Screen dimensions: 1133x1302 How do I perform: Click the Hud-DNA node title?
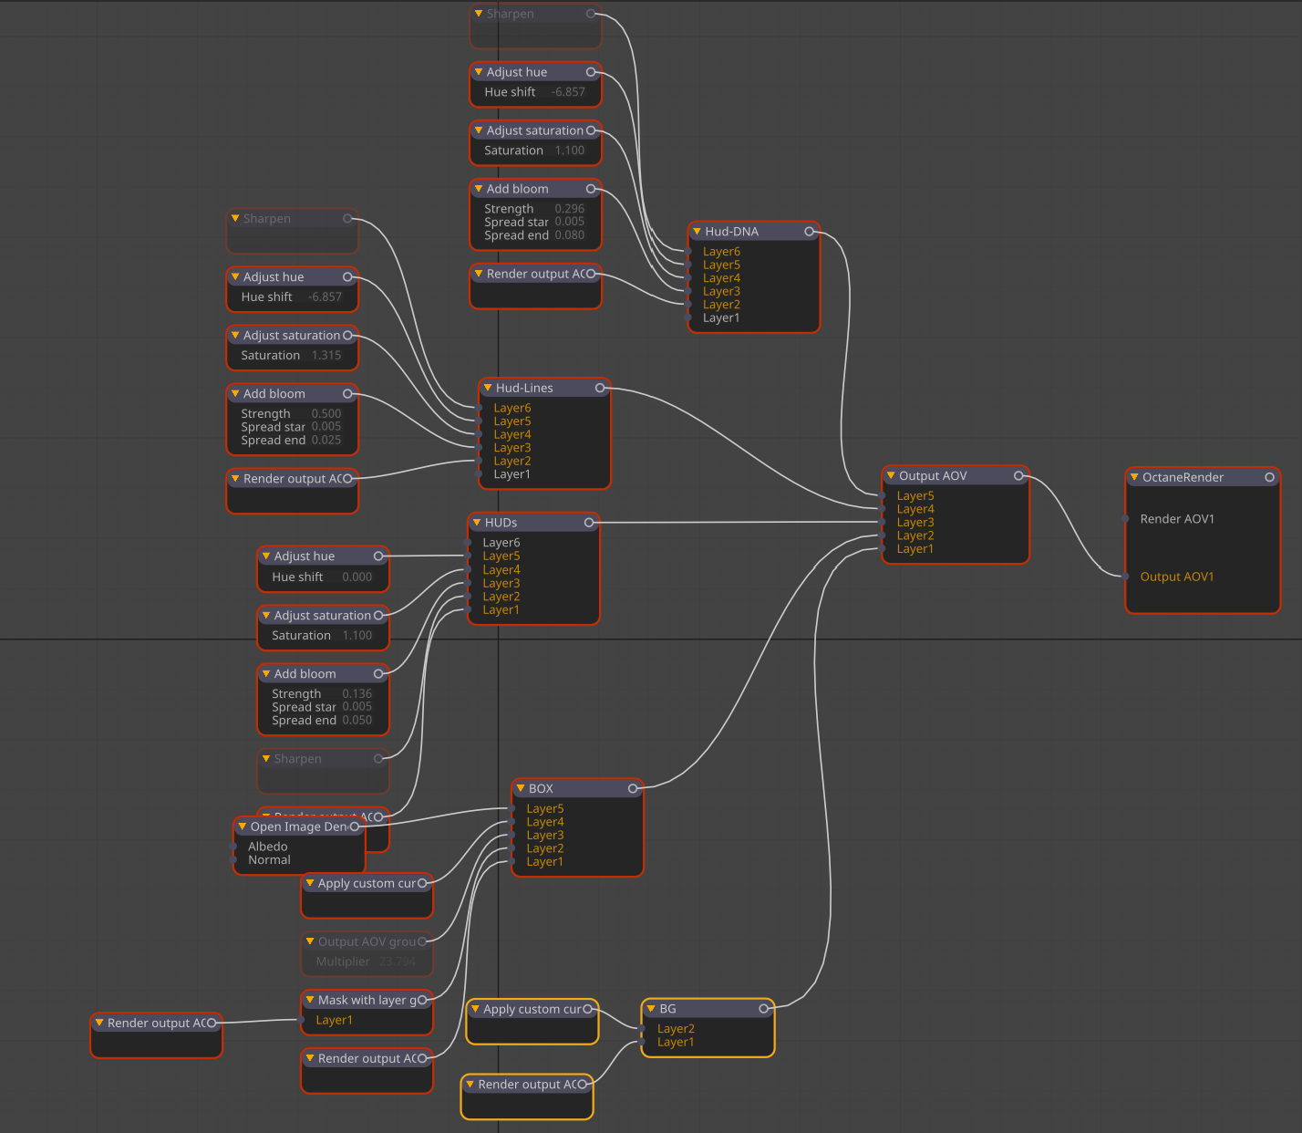(x=731, y=232)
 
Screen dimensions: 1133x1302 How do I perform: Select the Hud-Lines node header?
(x=524, y=388)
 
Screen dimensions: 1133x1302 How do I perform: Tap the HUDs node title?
(x=501, y=523)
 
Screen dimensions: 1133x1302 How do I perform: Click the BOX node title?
(x=541, y=788)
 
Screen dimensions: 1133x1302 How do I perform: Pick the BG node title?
(x=667, y=1009)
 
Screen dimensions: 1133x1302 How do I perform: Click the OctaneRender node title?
(x=1183, y=477)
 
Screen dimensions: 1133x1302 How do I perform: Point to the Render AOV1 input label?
(x=1177, y=519)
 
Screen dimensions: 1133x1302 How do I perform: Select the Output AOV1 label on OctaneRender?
(x=1177, y=577)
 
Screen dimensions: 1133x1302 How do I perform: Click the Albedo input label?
(x=267, y=847)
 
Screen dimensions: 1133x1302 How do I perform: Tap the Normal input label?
(x=269, y=860)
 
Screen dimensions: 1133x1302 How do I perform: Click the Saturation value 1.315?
(x=326, y=356)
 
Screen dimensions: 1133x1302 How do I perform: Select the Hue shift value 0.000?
(x=356, y=577)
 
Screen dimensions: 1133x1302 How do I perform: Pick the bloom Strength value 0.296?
(x=570, y=209)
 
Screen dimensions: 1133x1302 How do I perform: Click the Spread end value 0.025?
(x=326, y=441)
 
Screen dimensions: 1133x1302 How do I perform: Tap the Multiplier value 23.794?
(x=397, y=961)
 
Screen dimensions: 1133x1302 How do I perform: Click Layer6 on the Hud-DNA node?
(x=721, y=252)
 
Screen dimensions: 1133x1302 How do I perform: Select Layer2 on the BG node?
(x=676, y=1029)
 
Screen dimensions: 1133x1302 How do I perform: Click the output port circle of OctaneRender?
(x=1269, y=477)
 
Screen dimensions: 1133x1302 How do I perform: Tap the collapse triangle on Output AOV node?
(x=891, y=475)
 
